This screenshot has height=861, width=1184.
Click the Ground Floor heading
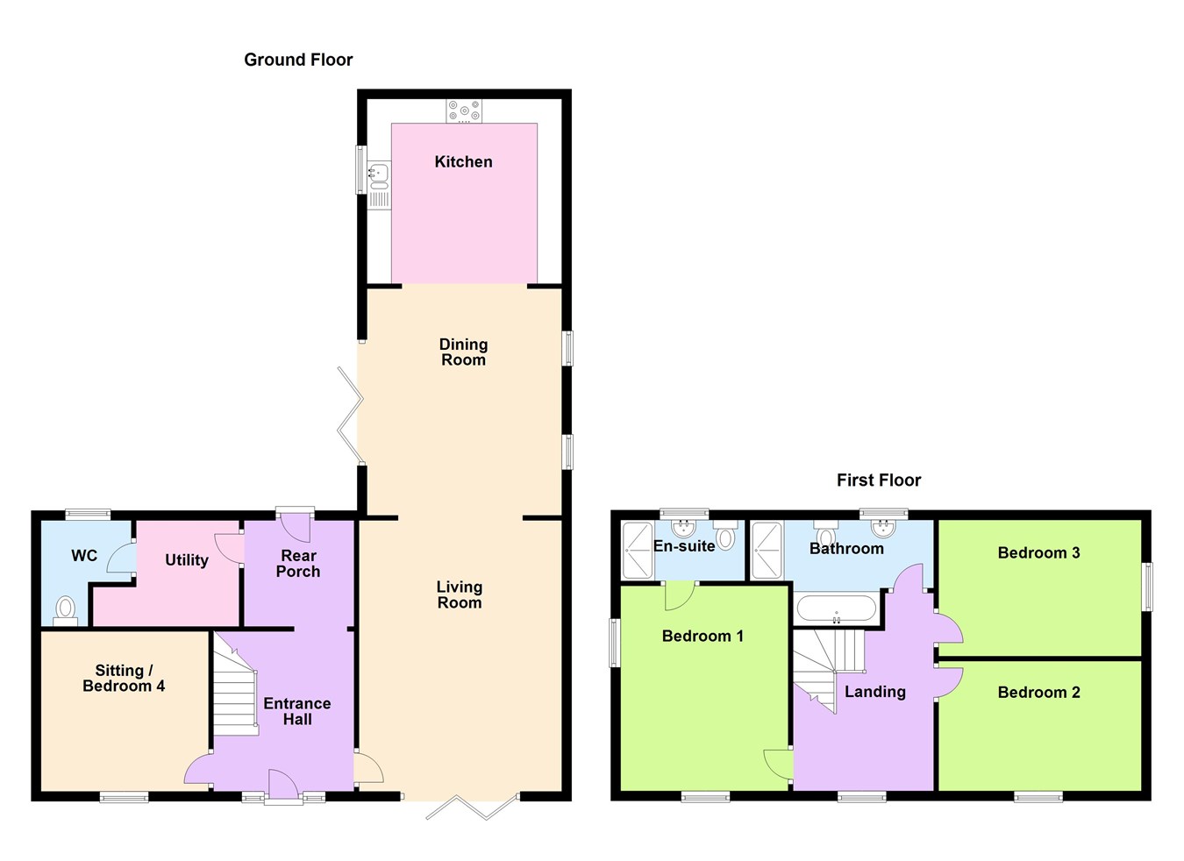[298, 60]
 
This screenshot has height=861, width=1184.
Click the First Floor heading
[879, 480]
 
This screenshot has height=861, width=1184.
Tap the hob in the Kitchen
[464, 110]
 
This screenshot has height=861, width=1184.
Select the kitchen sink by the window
[379, 174]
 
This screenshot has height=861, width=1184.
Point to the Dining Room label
[463, 352]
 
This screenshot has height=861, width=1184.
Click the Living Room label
[460, 594]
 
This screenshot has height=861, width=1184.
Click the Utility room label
[187, 560]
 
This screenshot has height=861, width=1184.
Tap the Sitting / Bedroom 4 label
[124, 678]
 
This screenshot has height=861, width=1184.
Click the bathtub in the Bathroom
[836, 608]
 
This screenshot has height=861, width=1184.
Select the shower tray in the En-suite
[638, 550]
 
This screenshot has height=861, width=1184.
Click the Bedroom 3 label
[1038, 552]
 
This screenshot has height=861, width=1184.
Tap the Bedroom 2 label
[1038, 692]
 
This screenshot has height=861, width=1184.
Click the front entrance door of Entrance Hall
[282, 785]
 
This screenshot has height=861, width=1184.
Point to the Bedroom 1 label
[703, 636]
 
